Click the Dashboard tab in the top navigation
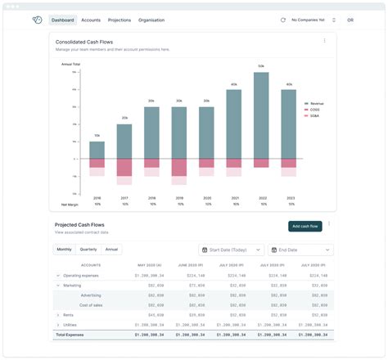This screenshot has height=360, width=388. point(62,20)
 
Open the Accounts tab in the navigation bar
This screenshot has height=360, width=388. point(91,20)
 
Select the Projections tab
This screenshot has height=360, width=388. point(120,20)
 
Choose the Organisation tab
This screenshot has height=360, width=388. point(151,20)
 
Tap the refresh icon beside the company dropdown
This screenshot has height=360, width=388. point(283,20)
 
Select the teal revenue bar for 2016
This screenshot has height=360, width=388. point(97,150)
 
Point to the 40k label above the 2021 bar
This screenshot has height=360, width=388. point(233,84)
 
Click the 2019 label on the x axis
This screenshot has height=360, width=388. point(179,198)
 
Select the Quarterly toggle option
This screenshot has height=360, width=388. point(88,250)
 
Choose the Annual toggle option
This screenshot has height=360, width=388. point(111,250)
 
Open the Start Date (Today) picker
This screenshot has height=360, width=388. point(231,250)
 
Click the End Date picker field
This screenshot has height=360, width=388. point(302,250)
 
